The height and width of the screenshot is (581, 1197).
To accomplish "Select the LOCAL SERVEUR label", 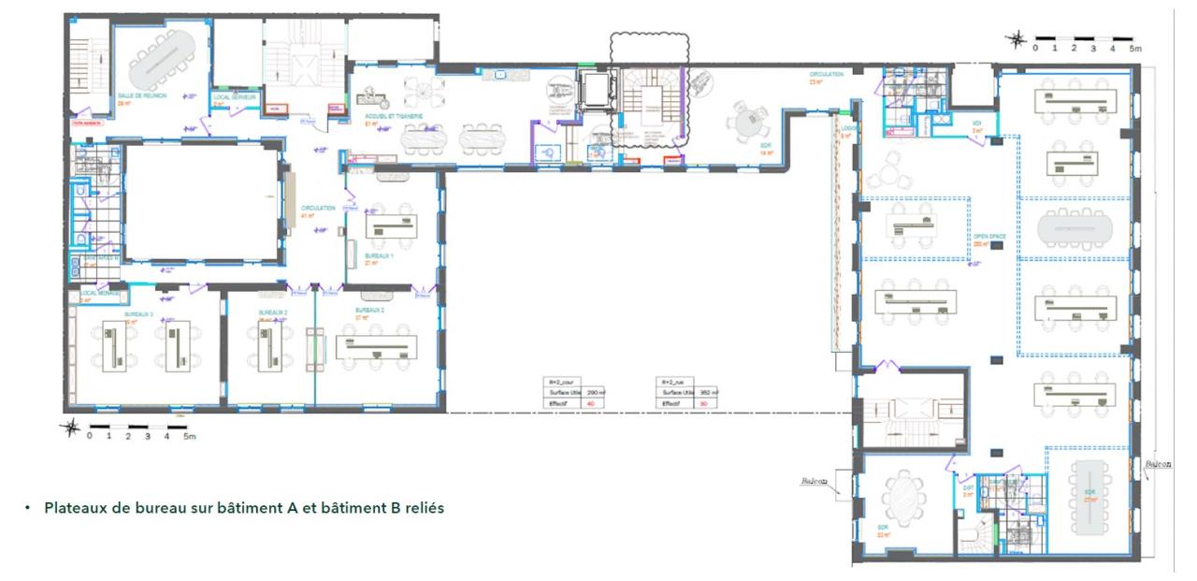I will coord(234,97).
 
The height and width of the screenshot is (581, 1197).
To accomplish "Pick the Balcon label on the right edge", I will coord(1157,463).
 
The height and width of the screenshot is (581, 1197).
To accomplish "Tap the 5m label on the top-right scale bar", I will coord(1135,47).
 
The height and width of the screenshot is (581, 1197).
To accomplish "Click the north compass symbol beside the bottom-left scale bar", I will coord(70,428).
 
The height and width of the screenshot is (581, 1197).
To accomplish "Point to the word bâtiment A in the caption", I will coord(285,509).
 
